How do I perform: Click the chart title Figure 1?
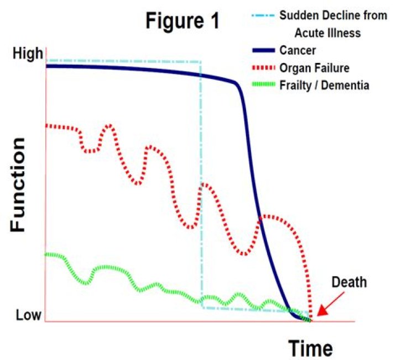(x=182, y=21)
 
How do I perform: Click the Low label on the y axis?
(x=28, y=315)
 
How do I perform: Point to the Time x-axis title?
(x=310, y=348)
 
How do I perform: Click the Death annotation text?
(x=349, y=282)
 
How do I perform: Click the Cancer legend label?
(x=298, y=50)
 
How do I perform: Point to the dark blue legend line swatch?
(x=259, y=51)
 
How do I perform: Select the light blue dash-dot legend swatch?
(x=259, y=17)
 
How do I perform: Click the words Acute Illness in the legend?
(x=327, y=33)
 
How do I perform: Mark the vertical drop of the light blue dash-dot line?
(x=201, y=182)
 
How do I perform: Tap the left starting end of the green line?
(x=46, y=255)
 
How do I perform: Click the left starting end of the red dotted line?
(x=47, y=126)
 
